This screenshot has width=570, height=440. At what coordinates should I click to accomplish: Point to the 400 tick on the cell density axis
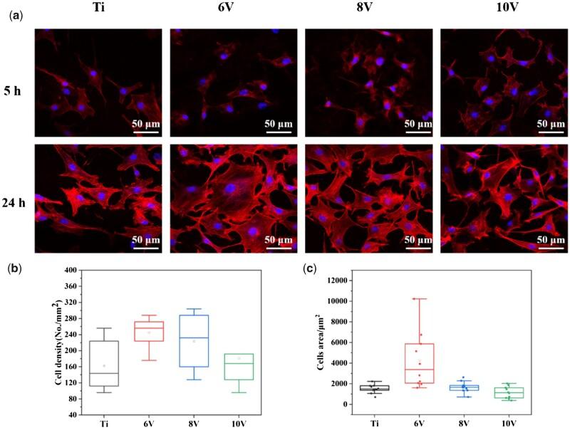tap(70, 271)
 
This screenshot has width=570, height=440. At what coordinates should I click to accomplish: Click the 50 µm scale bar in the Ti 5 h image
tap(145, 130)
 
